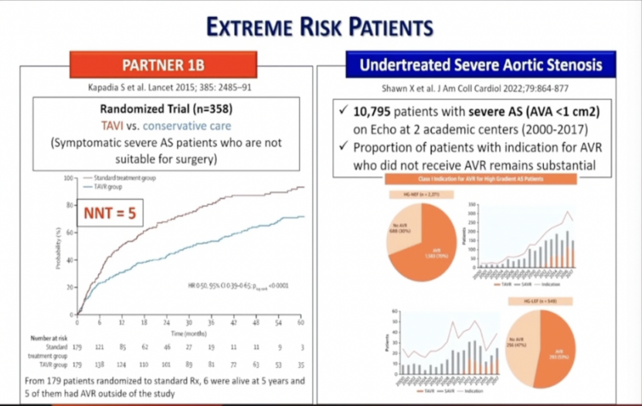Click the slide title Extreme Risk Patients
point(320,26)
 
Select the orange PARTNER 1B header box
point(163,64)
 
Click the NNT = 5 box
point(110,213)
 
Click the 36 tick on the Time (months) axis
point(211,321)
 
